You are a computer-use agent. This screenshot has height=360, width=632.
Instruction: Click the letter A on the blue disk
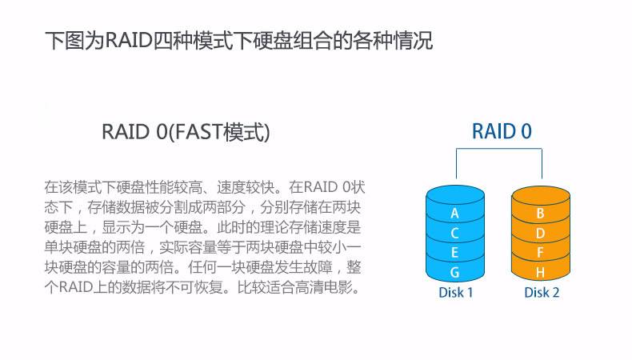(x=454, y=214)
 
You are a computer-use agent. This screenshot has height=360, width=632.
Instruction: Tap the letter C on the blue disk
(x=454, y=233)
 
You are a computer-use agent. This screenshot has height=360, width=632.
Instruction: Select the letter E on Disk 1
(x=454, y=253)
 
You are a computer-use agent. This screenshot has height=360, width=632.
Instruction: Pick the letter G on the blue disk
(x=454, y=273)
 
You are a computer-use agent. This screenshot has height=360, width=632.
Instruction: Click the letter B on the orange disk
(x=541, y=214)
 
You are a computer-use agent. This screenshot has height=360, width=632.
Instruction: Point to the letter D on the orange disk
(x=541, y=233)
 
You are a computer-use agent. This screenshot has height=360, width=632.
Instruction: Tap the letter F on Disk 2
(x=541, y=253)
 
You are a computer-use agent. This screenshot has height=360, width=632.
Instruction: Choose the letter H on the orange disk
(x=541, y=273)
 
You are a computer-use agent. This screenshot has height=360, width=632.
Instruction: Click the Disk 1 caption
(x=456, y=292)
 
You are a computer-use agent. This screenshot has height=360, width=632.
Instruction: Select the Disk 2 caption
(x=542, y=292)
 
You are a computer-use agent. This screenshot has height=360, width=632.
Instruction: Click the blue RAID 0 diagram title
(x=502, y=131)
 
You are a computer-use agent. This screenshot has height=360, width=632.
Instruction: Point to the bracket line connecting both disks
(x=499, y=149)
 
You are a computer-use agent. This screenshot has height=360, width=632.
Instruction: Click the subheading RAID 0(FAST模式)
(x=186, y=132)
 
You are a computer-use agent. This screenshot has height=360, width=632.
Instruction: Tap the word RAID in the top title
(x=129, y=40)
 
